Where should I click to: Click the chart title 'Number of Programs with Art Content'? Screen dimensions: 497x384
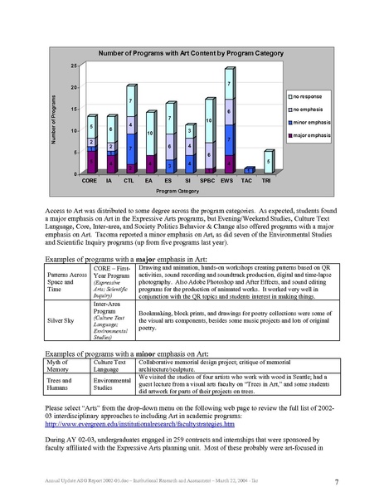[192, 52]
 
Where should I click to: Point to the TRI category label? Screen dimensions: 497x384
[267, 179]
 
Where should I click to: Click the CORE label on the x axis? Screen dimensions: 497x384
[89, 179]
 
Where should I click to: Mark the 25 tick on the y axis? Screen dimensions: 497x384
[73, 66]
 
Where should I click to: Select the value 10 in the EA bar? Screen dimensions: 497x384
[149, 133]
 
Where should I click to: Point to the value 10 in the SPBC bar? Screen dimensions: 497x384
[208, 122]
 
